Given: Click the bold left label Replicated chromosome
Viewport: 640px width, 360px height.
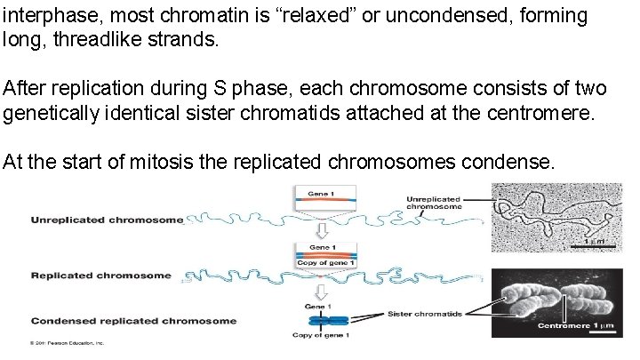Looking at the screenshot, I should (x=100, y=276).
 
